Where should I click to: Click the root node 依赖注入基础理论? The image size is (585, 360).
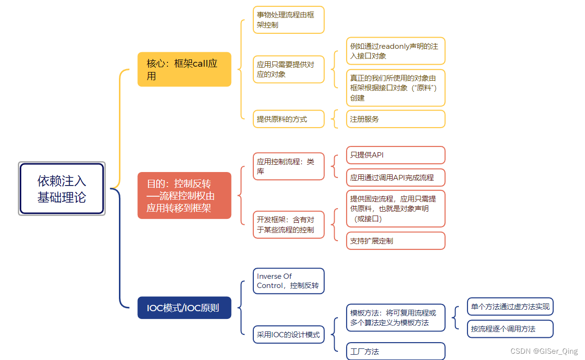click(62, 188)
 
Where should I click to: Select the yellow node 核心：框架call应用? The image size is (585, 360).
click(184, 69)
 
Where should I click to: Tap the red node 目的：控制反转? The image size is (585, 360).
click(184, 196)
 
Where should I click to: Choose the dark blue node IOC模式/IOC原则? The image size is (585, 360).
click(184, 308)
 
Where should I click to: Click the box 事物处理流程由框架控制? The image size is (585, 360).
click(289, 20)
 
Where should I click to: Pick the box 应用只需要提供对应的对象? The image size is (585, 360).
click(289, 69)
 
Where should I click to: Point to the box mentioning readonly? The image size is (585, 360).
click(395, 51)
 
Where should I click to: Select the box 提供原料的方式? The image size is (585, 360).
click(289, 119)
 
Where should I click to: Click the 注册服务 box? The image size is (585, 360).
click(395, 119)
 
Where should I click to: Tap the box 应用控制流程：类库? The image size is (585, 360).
click(289, 166)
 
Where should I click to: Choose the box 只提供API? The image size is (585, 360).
click(395, 155)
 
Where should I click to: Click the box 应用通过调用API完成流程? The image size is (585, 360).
click(395, 177)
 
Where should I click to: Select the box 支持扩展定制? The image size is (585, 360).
click(395, 241)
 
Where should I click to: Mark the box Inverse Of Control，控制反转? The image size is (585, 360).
click(289, 281)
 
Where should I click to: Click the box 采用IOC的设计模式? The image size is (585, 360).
click(289, 334)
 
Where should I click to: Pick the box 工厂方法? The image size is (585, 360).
click(395, 351)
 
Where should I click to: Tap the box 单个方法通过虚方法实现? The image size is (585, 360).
click(510, 307)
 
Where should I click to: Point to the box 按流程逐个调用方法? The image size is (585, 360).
click(510, 329)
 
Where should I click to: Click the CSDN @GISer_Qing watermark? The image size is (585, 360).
click(543, 351)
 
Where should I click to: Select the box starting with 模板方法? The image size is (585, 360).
click(395, 317)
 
